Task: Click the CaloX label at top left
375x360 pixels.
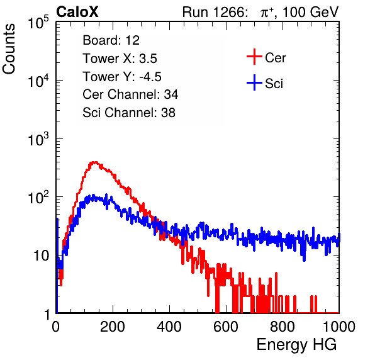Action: [77, 12]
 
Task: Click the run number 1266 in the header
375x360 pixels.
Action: [230, 12]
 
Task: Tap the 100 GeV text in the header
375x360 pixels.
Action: [311, 12]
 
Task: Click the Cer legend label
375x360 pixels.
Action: [275, 58]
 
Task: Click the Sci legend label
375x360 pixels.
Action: [274, 84]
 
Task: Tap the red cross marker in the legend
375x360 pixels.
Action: [254, 57]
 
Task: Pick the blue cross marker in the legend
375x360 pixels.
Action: [254, 82]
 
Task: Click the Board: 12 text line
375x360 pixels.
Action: [111, 40]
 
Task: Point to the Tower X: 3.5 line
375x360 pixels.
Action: [120, 59]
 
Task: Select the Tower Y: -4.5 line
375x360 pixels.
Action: [122, 77]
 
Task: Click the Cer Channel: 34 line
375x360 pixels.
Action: [130, 94]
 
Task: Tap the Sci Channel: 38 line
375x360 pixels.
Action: [129, 113]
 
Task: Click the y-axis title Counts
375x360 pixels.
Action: [9, 49]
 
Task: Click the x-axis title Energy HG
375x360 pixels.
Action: [297, 345]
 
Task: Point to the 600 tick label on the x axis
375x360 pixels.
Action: [226, 327]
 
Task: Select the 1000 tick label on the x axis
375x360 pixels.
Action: [339, 327]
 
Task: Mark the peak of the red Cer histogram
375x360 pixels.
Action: [95, 162]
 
